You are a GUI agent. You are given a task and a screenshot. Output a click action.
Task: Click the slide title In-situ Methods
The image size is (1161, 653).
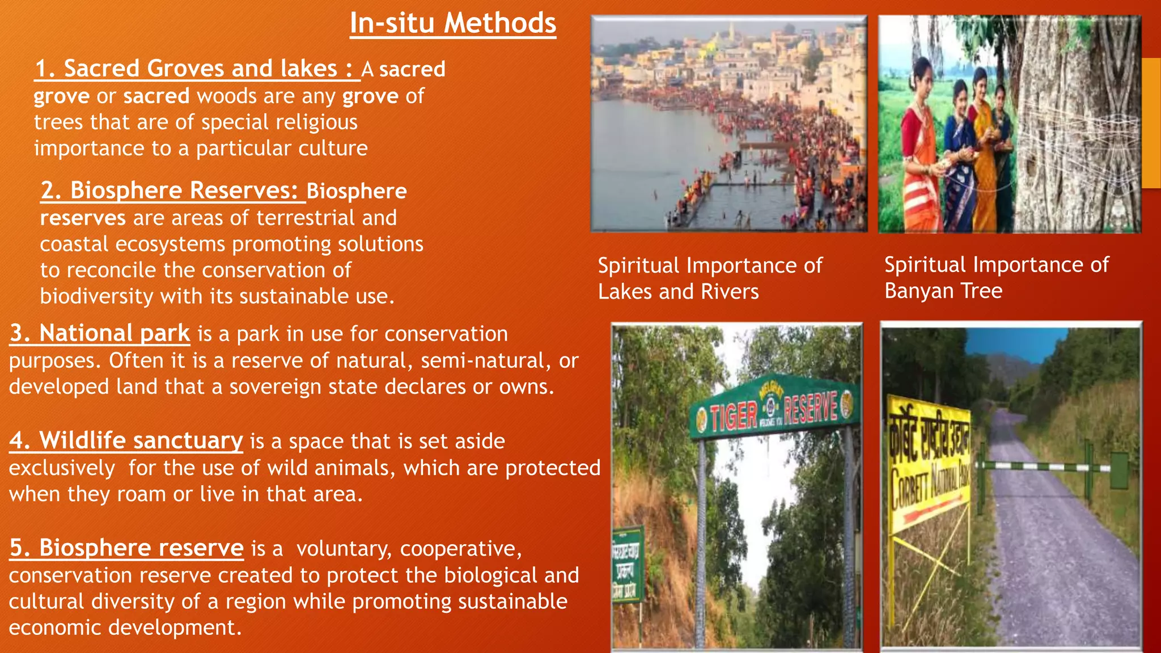pyautogui.click(x=452, y=24)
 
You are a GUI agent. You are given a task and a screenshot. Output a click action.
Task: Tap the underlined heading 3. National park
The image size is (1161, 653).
pyautogui.click(x=100, y=333)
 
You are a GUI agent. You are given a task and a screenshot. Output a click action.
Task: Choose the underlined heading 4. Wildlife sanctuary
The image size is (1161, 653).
pyautogui.click(x=126, y=440)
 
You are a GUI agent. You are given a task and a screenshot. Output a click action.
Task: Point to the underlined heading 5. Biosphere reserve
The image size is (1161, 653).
pyautogui.click(x=126, y=548)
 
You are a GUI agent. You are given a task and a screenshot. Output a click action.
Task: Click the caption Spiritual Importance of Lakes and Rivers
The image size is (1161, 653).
pyautogui.click(x=710, y=278)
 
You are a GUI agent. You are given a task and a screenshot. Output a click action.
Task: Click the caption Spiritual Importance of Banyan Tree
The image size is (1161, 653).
pyautogui.click(x=996, y=278)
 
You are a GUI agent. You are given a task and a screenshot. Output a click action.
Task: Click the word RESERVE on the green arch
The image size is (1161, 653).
pyautogui.click(x=811, y=407)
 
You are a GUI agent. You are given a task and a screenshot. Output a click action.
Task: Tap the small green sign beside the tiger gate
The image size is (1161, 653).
pyautogui.click(x=628, y=564)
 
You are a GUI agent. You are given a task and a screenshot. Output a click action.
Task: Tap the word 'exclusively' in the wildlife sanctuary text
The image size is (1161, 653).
pyautogui.click(x=62, y=468)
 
